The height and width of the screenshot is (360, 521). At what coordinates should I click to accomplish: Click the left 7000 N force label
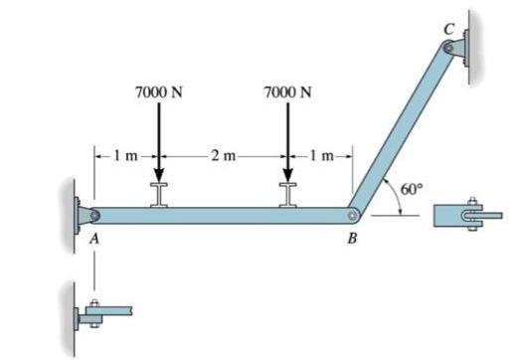[159, 92]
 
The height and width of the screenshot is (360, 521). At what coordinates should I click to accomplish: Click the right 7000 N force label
[287, 92]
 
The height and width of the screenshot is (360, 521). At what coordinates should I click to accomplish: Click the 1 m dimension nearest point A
[125, 155]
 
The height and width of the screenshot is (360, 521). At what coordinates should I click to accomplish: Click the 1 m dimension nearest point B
[321, 155]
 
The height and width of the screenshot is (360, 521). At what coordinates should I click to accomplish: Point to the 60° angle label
[412, 189]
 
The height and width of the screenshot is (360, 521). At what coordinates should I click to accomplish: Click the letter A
[94, 239]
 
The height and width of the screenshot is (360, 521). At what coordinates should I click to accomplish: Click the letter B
[352, 239]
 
